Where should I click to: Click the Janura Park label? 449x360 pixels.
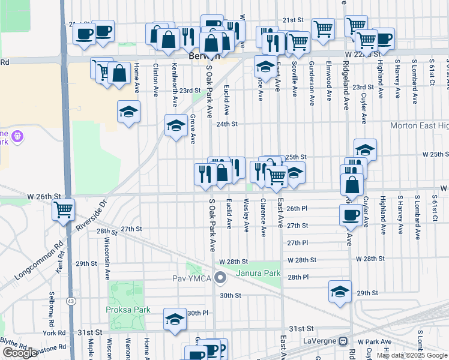pyautogui.click(x=258, y=274)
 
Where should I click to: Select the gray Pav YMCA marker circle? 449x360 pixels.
pyautogui.click(x=220, y=278)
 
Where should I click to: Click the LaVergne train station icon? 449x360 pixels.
pyautogui.click(x=343, y=341)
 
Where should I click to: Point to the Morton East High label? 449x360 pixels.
pyautogui.click(x=419, y=125)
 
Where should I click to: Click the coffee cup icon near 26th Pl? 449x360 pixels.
pyautogui.click(x=350, y=214)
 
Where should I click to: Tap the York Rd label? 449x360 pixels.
pyautogui.click(x=53, y=333)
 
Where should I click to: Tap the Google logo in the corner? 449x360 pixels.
pyautogui.click(x=20, y=353)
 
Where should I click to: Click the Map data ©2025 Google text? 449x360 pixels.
pyautogui.click(x=412, y=355)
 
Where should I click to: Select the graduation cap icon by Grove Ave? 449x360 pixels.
pyautogui.click(x=176, y=125)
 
